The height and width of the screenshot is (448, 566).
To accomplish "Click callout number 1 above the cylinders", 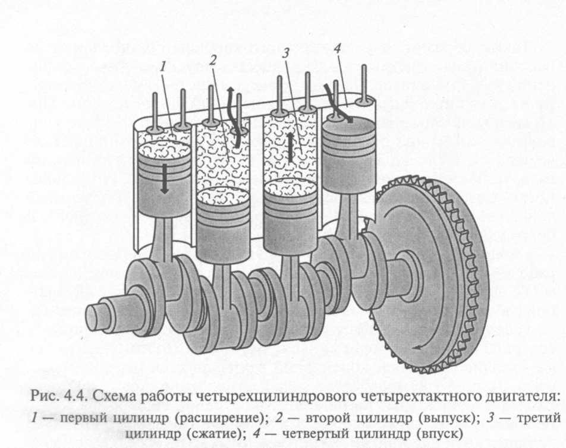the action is (x=163, y=67).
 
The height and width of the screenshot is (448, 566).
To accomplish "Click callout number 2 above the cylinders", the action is (x=213, y=60).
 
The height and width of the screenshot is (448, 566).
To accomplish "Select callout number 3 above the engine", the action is (x=285, y=53).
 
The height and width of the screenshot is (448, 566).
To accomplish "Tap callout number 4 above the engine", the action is (x=338, y=49).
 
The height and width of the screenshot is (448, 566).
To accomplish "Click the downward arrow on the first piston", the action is (x=164, y=178).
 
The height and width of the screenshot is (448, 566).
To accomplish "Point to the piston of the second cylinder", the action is (x=223, y=225).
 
